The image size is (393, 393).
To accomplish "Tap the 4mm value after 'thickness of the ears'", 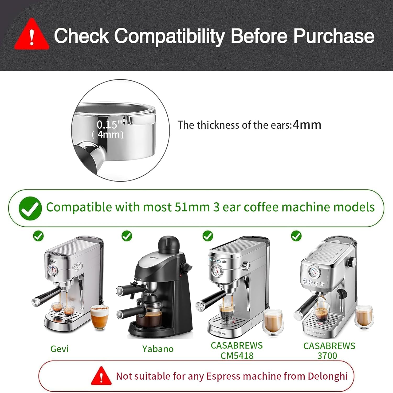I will coord(307,125).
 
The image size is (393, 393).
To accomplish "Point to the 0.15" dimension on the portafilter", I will coord(109,124).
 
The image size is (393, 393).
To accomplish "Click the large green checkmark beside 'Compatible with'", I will coord(30,208).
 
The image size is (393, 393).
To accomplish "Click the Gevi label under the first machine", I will coord(59,349).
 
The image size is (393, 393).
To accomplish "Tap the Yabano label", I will coord(158,349).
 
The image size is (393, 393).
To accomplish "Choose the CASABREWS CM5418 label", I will coord(237,351).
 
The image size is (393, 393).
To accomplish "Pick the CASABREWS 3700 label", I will coord(329,351).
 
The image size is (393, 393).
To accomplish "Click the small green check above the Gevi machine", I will coord(38,236).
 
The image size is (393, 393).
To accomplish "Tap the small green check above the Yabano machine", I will coord(127,236).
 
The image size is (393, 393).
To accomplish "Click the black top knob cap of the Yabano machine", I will coord(169,244).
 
